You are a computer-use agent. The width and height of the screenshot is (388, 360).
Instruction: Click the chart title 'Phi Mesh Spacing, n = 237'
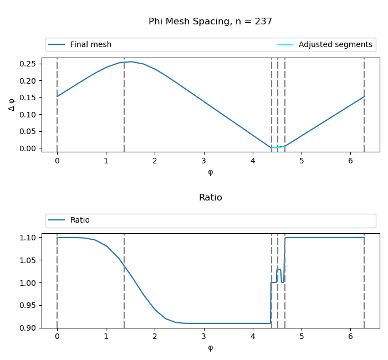[210, 22]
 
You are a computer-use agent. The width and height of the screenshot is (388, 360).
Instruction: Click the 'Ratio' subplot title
[210, 198]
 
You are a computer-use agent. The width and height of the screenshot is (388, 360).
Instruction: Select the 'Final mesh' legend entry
[90, 45]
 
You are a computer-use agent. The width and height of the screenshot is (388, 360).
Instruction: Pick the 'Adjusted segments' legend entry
[335, 45]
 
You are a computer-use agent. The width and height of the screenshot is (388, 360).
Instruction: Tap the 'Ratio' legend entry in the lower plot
[80, 220]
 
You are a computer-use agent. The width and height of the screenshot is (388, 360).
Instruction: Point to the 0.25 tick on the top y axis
[30, 64]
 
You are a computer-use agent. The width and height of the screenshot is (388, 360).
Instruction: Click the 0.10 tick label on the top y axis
[30, 115]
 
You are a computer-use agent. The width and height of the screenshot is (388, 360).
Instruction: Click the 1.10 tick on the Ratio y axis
[30, 238]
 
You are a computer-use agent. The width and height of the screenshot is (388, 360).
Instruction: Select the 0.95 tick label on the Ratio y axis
[30, 305]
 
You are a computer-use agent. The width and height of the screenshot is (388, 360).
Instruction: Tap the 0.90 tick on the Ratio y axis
[30, 328]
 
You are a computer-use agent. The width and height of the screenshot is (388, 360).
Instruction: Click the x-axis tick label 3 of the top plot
[204, 161]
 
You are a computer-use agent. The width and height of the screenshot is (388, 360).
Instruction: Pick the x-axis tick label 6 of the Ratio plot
[350, 336]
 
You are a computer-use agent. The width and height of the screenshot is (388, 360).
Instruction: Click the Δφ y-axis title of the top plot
[12, 104]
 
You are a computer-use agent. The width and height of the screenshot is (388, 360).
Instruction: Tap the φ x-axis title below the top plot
[210, 172]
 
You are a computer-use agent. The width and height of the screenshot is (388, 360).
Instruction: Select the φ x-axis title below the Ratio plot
[210, 348]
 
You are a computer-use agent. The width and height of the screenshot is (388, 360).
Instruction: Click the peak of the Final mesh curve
[131, 61]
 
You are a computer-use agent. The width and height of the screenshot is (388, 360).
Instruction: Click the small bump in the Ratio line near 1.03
[279, 270]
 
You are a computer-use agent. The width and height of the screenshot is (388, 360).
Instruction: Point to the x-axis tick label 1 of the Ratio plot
[106, 336]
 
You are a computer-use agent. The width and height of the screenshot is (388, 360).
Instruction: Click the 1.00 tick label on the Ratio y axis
[30, 283]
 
